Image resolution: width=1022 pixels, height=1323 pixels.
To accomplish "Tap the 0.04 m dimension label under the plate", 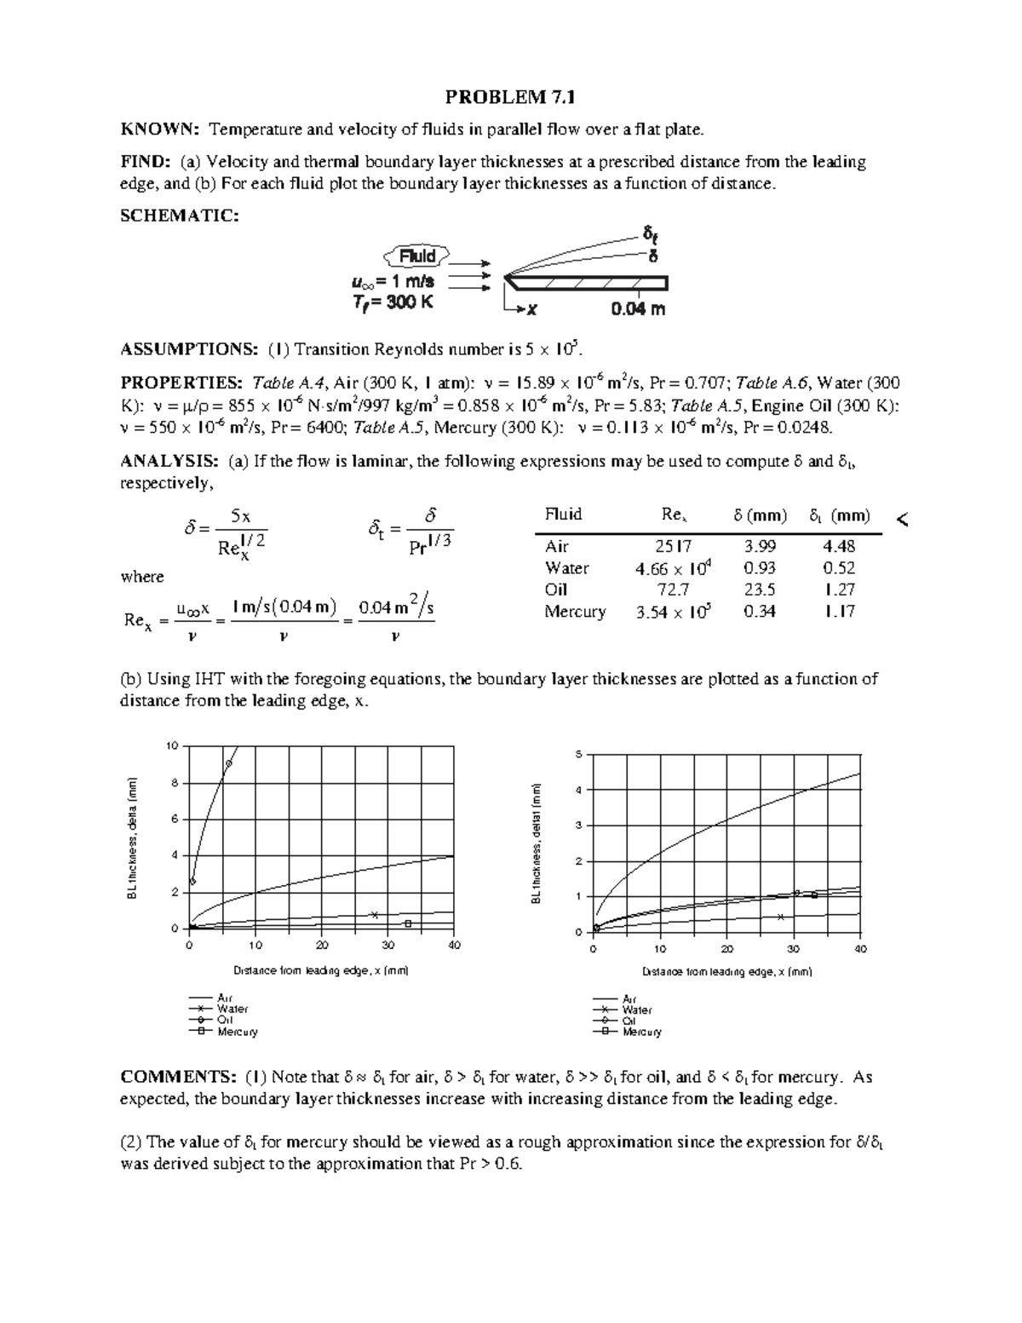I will pyautogui.click(x=638, y=309).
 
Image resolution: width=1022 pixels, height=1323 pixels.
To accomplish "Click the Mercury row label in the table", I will pyautogui.click(x=575, y=612).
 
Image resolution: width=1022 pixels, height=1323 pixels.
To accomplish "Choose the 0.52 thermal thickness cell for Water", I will pyautogui.click(x=839, y=568).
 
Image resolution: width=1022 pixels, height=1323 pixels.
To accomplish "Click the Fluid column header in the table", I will pyautogui.click(x=563, y=515).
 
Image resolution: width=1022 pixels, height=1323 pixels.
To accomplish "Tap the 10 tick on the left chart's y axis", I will pyautogui.click(x=173, y=746).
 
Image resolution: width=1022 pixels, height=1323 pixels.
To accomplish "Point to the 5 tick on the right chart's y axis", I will pyautogui.click(x=578, y=755).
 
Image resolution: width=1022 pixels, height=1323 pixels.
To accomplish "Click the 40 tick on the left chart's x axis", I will pyautogui.click(x=454, y=946).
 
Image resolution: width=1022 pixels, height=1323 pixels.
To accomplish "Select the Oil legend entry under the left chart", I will pyautogui.click(x=225, y=1020).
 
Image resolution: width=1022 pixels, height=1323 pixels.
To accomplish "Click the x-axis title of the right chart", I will pyautogui.click(x=727, y=972).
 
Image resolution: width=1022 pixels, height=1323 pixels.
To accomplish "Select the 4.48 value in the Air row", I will pyautogui.click(x=839, y=547).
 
